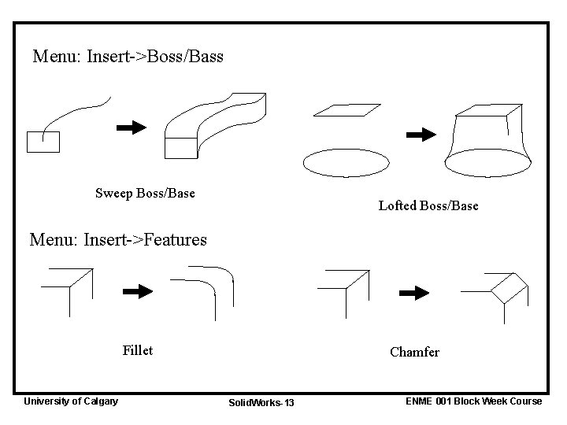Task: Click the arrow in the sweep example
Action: click(131, 127)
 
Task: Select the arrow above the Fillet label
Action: click(138, 291)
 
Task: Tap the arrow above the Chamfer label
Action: click(413, 293)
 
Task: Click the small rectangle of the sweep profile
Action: click(43, 142)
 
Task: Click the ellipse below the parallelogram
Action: click(346, 162)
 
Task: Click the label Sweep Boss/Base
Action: click(145, 193)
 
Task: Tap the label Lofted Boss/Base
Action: click(428, 205)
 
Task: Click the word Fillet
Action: click(138, 350)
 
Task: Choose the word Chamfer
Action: click(414, 352)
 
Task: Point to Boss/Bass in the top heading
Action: click(188, 57)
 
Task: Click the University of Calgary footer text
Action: click(71, 401)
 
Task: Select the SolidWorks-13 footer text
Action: click(261, 403)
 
